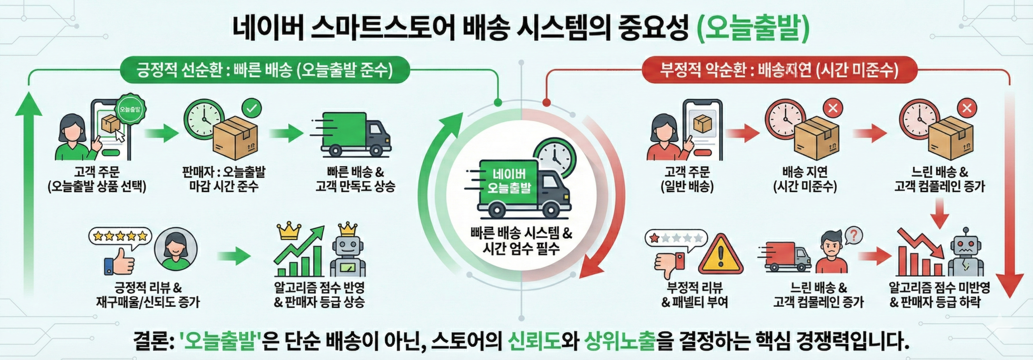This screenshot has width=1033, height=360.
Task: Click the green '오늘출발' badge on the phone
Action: pos(130,109)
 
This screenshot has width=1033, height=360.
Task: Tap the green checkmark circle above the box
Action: pos(251,108)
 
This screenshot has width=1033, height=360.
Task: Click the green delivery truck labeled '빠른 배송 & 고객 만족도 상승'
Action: pos(351,135)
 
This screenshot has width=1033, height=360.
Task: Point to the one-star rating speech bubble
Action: pos(676,239)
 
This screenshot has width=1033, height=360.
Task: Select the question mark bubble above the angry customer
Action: pos(853,235)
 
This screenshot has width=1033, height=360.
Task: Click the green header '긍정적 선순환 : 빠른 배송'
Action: pos(264,70)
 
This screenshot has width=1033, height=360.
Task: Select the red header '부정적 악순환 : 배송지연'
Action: pos(779,70)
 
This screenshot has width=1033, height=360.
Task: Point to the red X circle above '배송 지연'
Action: pos(833,108)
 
